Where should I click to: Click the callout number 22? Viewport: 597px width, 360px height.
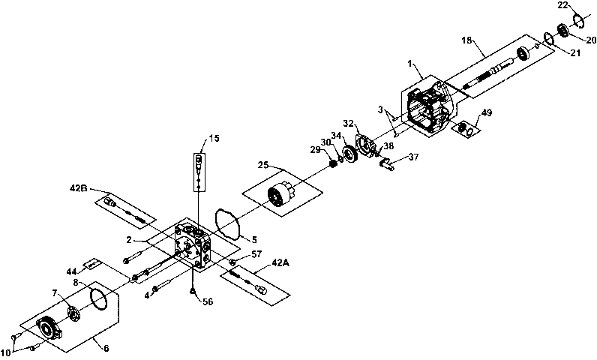click(563, 5)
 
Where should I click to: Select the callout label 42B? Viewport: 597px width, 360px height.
click(79, 188)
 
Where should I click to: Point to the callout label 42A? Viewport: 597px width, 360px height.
click(280, 262)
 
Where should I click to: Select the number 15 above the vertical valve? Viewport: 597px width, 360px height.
click(214, 138)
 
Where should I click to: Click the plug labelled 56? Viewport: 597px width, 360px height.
click(193, 292)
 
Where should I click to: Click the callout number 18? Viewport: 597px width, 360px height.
click(466, 40)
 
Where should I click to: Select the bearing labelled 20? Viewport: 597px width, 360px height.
click(563, 31)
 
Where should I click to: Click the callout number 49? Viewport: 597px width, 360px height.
click(487, 112)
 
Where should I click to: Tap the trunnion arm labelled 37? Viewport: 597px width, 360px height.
click(386, 164)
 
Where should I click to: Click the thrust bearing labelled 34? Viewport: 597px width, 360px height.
click(349, 154)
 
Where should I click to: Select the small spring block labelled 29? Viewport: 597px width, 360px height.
click(334, 164)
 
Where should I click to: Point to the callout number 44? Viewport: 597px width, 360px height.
click(71, 271)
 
